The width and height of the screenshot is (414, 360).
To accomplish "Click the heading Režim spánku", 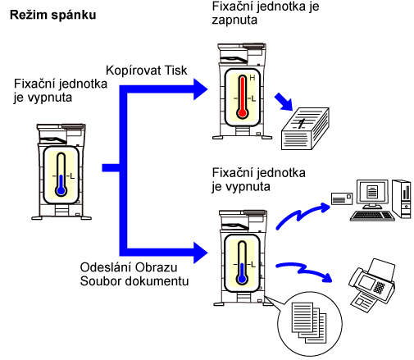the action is [x=53, y=15].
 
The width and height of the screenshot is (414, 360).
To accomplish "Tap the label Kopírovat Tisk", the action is [x=146, y=71].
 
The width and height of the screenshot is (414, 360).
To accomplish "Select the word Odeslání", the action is [x=105, y=267].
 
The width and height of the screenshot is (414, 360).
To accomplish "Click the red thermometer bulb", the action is [x=242, y=113].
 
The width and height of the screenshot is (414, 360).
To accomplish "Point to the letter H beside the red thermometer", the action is [x=252, y=78].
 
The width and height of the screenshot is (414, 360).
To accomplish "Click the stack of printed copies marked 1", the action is [x=305, y=128].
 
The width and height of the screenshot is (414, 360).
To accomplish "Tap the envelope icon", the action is [x=342, y=198].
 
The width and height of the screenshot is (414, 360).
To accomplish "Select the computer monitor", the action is [x=372, y=194].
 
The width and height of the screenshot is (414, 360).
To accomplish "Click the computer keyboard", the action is [x=372, y=216].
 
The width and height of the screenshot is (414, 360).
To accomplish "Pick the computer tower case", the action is [x=402, y=198].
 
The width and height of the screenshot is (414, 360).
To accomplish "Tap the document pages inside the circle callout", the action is [x=309, y=322].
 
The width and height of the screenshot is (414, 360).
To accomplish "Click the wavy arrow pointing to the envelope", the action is [x=302, y=216].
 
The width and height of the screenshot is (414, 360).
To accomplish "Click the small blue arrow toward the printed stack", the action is [x=284, y=102].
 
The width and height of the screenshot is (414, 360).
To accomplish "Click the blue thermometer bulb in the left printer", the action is [x=61, y=190].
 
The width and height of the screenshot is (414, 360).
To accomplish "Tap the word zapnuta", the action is [x=234, y=21].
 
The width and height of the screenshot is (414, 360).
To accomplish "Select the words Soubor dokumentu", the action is [x=134, y=281].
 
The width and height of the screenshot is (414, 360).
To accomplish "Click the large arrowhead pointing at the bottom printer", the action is [x=201, y=253].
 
